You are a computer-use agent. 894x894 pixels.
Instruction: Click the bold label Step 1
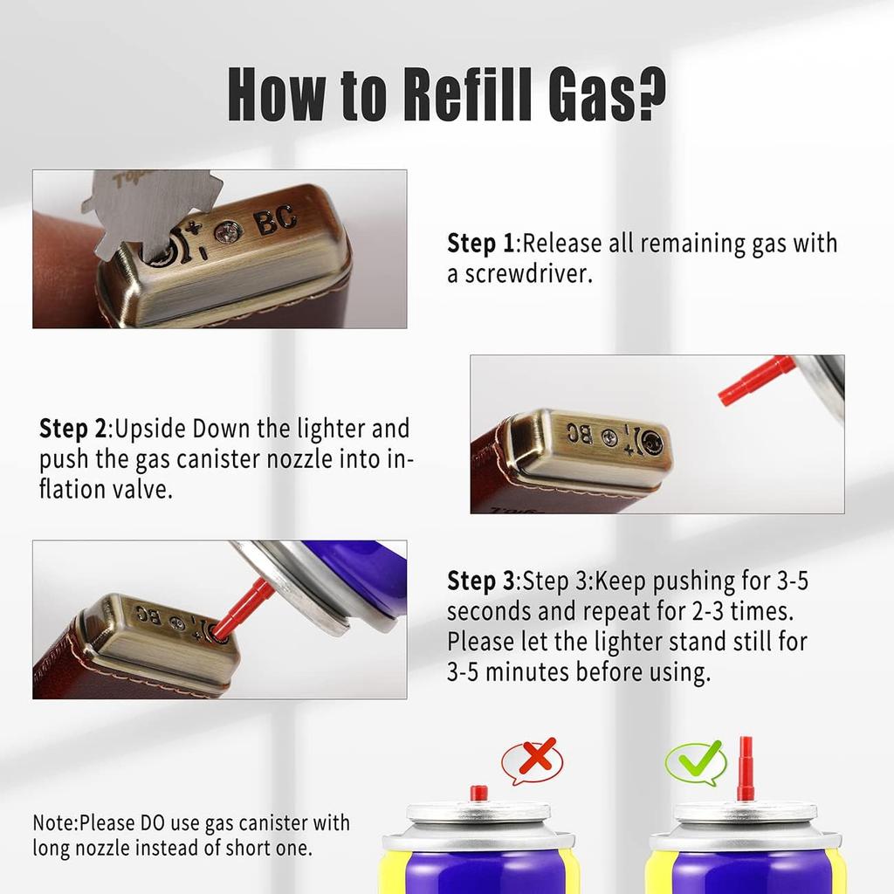tap(481, 244)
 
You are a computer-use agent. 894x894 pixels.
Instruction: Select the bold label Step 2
tap(73, 429)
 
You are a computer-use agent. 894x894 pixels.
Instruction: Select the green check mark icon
tap(697, 762)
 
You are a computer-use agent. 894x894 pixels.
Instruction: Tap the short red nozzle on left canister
tap(479, 793)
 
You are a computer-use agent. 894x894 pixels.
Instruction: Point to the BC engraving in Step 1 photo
tap(276, 218)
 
